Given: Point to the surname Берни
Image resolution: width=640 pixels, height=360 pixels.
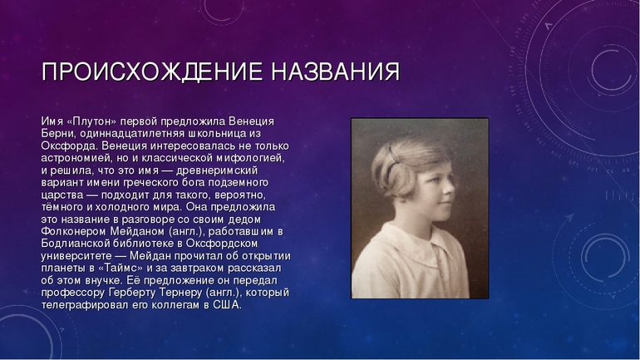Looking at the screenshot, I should click(59, 133).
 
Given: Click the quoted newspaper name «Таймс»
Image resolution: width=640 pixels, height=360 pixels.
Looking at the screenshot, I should click(120, 268).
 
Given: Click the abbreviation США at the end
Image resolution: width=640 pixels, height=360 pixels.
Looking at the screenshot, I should click(228, 305).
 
